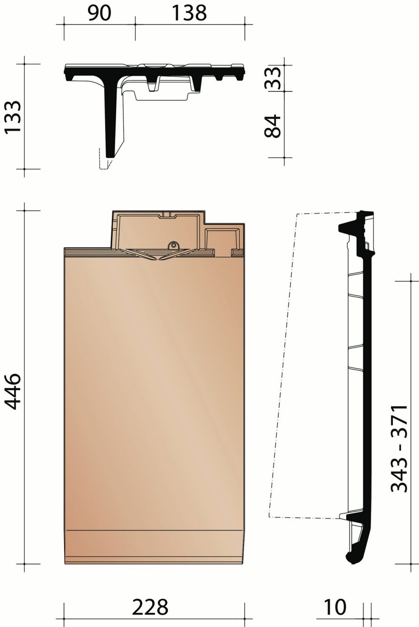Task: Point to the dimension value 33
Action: [x=273, y=77]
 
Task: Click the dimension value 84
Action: [x=273, y=125]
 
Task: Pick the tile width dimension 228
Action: [x=150, y=607]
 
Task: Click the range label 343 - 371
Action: [x=399, y=448]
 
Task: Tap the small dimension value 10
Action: [x=335, y=607]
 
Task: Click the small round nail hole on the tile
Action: [x=173, y=246]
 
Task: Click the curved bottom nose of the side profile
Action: [x=352, y=558]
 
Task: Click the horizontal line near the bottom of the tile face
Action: [x=155, y=530]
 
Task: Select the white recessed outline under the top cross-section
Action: [x=162, y=95]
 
